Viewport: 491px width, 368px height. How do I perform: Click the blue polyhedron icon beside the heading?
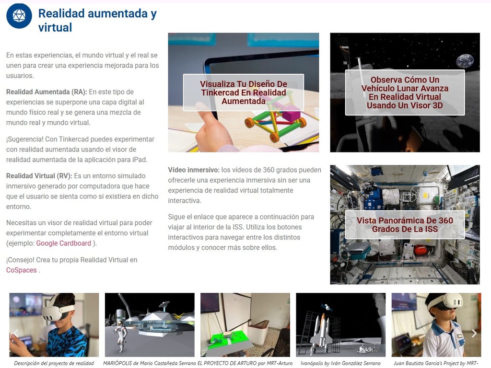tap(19, 16)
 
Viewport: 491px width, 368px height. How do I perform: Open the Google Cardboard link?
tap(64, 243)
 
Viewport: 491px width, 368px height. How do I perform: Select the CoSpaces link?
tap(21, 270)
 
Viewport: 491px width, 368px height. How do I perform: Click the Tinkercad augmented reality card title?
tap(243, 92)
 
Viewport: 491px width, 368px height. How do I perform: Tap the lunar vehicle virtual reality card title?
tap(405, 92)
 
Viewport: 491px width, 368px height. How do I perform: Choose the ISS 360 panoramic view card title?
tap(405, 225)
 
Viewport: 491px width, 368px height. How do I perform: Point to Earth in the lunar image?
tap(465, 61)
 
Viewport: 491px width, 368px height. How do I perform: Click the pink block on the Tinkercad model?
tap(291, 114)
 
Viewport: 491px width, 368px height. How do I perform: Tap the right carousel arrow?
tap(474, 333)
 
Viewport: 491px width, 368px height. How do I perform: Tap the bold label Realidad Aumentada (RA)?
tap(47, 92)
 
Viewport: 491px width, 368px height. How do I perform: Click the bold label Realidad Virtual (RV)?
tap(39, 176)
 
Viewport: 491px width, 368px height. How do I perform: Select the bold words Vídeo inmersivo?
tap(194, 170)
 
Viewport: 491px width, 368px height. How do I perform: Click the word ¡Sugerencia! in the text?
tap(25, 139)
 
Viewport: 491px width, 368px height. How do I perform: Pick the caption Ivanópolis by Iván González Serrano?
tap(340, 363)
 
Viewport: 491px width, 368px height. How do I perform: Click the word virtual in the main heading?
tap(55, 27)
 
